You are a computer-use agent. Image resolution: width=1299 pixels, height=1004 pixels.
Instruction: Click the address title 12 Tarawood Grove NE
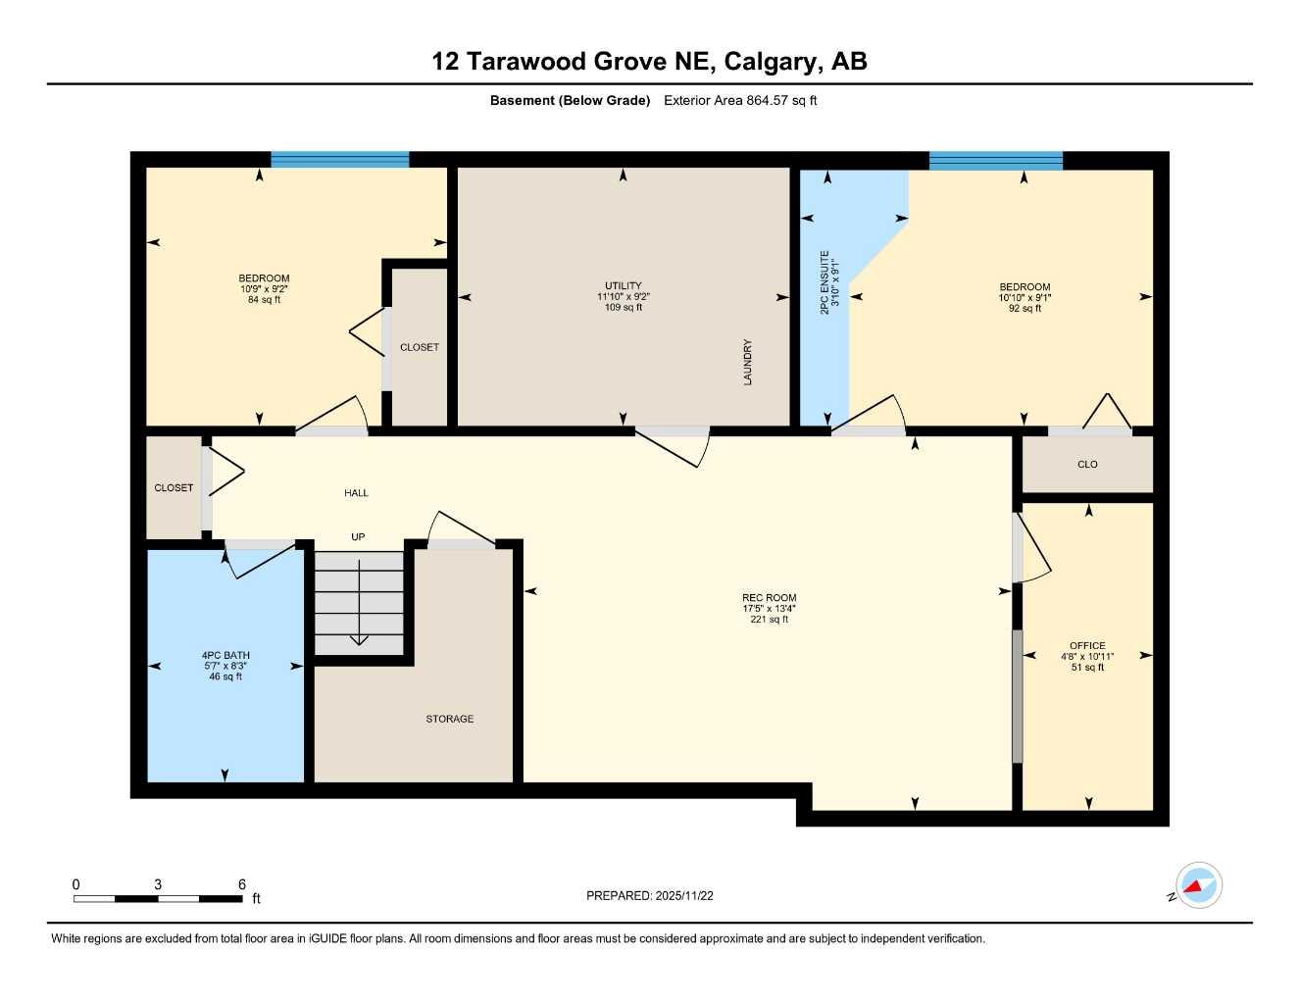pyautogui.click(x=649, y=62)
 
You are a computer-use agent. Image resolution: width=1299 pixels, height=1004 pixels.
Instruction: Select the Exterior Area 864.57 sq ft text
pyautogui.click(x=740, y=100)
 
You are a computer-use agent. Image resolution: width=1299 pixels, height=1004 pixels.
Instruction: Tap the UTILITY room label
pyautogui.click(x=623, y=286)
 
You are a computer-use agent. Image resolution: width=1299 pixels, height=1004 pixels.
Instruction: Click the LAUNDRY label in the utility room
pyautogui.click(x=748, y=362)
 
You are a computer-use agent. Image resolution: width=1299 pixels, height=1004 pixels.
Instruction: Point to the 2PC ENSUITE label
pyautogui.click(x=824, y=281)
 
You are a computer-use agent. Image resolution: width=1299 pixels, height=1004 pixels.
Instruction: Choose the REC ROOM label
pyautogui.click(x=769, y=597)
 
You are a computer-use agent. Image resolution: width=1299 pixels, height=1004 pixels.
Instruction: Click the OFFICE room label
pyautogui.click(x=1087, y=646)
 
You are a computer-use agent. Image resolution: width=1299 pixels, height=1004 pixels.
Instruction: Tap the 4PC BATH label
pyautogui.click(x=225, y=655)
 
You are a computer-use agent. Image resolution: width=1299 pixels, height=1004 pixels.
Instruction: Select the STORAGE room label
pyautogui.click(x=449, y=719)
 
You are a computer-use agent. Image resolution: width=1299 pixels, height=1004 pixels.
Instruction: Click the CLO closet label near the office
pyautogui.click(x=1087, y=465)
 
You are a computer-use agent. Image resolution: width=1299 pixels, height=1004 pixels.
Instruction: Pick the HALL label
pyautogui.click(x=356, y=493)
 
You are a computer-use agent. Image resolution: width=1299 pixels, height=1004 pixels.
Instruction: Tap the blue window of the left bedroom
pyautogui.click(x=339, y=160)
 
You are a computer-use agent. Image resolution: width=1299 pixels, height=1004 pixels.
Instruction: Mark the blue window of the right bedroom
pyautogui.click(x=995, y=161)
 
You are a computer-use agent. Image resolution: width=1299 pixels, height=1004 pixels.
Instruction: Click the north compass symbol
pyautogui.click(x=1197, y=886)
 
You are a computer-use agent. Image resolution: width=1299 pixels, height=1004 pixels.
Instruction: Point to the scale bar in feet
pyautogui.click(x=158, y=898)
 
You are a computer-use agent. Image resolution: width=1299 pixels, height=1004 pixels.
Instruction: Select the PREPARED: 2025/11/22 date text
pyautogui.click(x=649, y=895)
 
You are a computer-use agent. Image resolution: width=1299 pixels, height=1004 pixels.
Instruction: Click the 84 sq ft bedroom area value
pyautogui.click(x=264, y=300)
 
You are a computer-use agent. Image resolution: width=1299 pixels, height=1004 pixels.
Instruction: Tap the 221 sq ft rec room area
pyautogui.click(x=769, y=620)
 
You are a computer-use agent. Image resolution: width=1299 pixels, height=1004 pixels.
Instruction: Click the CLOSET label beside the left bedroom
pyautogui.click(x=419, y=347)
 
